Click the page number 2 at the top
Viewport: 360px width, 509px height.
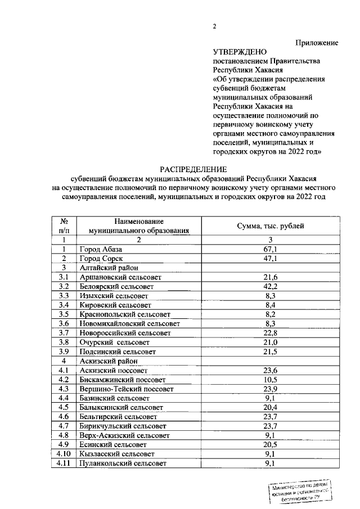pos(214,26)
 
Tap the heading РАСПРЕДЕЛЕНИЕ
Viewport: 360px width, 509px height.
pos(193,169)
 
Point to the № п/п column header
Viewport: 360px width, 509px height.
pos(64,226)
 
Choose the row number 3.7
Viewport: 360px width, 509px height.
pos(64,333)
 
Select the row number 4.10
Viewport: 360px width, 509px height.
pos(64,454)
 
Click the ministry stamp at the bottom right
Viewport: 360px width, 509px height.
pos(298,491)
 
